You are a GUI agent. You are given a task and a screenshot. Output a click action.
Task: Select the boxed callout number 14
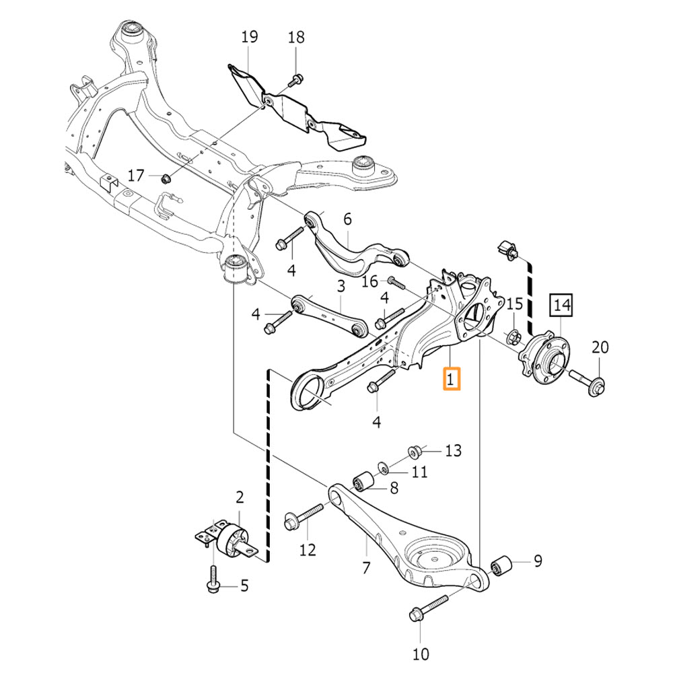point(562,306)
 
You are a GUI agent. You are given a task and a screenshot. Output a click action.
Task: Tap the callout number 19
point(249,36)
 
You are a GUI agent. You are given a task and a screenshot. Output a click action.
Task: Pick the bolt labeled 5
point(213,580)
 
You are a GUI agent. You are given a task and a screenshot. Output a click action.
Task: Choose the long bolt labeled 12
point(305,518)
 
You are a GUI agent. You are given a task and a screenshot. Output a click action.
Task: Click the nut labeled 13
point(415,450)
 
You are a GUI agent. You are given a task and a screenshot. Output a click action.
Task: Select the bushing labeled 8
point(364,482)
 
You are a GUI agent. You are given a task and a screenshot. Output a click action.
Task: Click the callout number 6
point(347,219)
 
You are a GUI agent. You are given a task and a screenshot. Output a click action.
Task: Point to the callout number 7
point(366,567)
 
